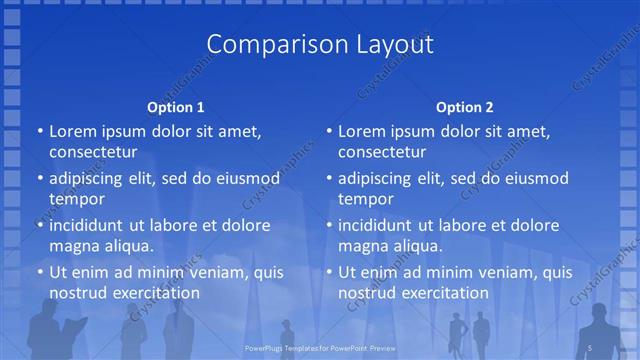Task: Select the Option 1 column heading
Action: pyautogui.click(x=175, y=106)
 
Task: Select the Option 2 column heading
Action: pyautogui.click(x=464, y=106)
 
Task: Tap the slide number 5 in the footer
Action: pyautogui.click(x=591, y=346)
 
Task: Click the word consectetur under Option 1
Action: pyautogui.click(x=92, y=152)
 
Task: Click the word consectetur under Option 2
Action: pyautogui.click(x=382, y=152)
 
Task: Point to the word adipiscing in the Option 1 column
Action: pyautogui.click(x=93, y=178)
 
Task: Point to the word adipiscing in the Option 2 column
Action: pyautogui.click(x=382, y=178)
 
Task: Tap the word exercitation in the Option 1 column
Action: pyautogui.click(x=154, y=292)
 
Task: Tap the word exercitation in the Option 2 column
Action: pyautogui.click(x=443, y=292)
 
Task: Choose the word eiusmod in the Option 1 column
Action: pyautogui.click(x=246, y=178)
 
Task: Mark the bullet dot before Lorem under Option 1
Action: pyautogui.click(x=40, y=132)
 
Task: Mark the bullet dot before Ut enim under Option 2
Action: pyautogui.click(x=329, y=272)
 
